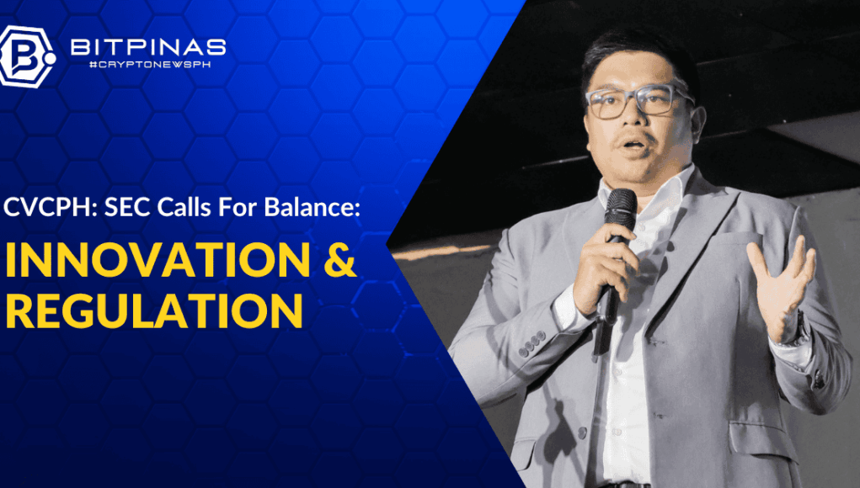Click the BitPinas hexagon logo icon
(x=28, y=56)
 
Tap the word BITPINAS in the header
(x=148, y=48)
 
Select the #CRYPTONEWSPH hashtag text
(x=150, y=65)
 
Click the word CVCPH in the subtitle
(x=49, y=208)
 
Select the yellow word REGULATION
(x=153, y=310)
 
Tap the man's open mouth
(x=633, y=146)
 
